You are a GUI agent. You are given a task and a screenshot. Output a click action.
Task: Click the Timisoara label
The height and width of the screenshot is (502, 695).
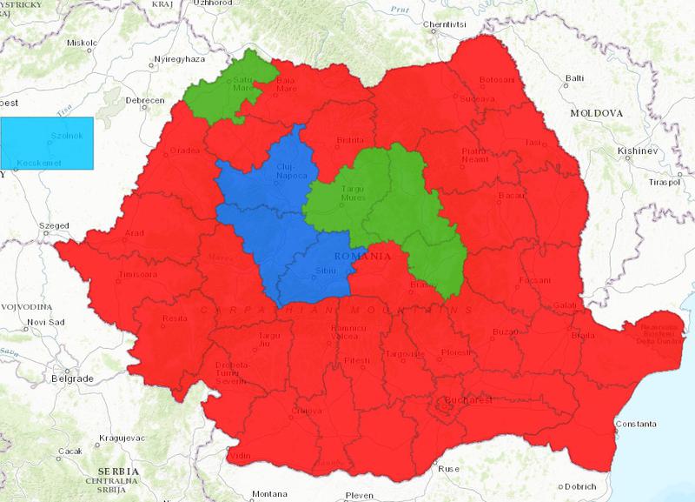tap(133, 278)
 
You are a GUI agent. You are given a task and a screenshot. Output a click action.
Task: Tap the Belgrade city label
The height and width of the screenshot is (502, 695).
tap(72, 378)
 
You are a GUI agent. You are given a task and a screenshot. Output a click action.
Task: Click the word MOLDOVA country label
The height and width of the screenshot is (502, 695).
tap(597, 114)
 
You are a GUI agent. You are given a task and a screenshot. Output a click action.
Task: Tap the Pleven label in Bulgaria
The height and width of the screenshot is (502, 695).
tap(359, 496)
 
